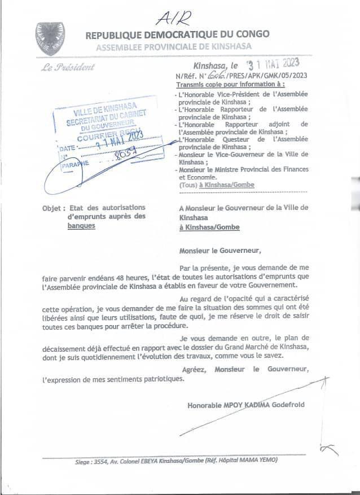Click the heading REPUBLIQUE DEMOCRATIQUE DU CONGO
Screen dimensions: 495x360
[177, 35]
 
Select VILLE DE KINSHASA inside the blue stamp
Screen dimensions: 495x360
[103, 113]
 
